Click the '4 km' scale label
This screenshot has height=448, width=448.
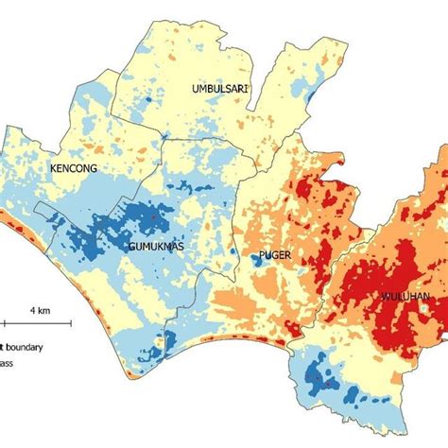point(39,310)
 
